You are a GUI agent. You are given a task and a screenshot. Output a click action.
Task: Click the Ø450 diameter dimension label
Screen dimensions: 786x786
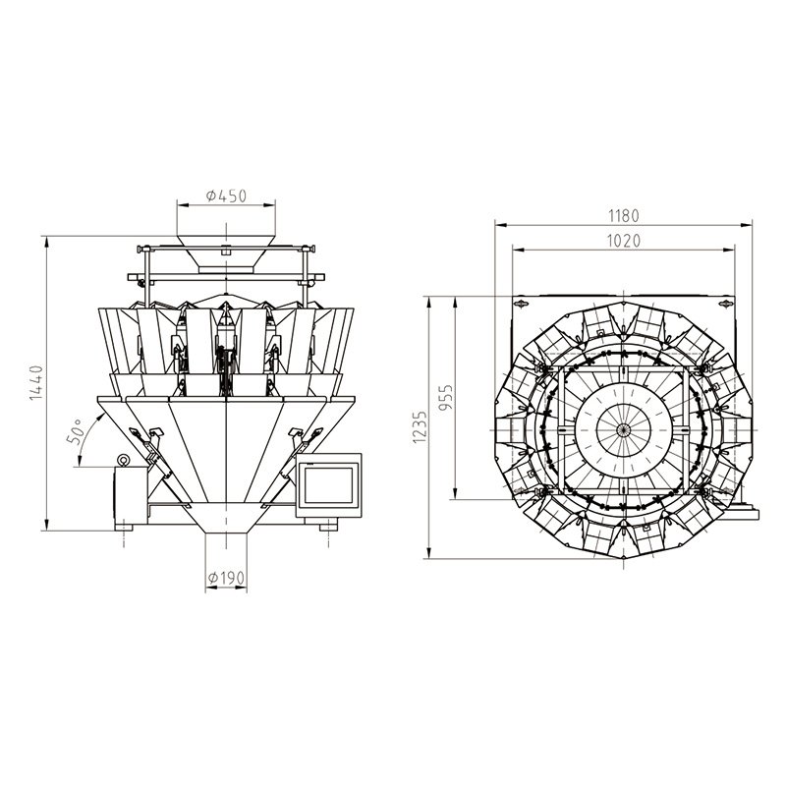click(226, 196)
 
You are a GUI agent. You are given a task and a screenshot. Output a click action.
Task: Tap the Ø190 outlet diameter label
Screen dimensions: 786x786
click(226, 577)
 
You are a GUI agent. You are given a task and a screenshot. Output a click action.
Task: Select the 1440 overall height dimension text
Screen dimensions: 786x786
click(36, 383)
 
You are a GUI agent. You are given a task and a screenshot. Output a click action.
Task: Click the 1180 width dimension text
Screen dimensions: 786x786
click(623, 215)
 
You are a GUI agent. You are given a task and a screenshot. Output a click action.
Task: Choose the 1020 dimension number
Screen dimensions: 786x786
click(623, 241)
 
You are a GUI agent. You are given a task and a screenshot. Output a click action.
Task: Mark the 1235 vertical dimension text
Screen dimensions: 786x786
click(421, 427)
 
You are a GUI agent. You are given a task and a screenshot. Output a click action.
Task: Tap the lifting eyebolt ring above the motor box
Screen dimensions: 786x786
click(123, 459)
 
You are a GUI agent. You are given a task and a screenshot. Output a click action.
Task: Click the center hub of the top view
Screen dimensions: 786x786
click(623, 430)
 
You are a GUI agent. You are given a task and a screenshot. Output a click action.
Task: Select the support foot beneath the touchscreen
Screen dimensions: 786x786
click(327, 528)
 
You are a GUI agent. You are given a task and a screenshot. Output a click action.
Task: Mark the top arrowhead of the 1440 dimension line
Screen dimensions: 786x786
click(46, 239)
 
